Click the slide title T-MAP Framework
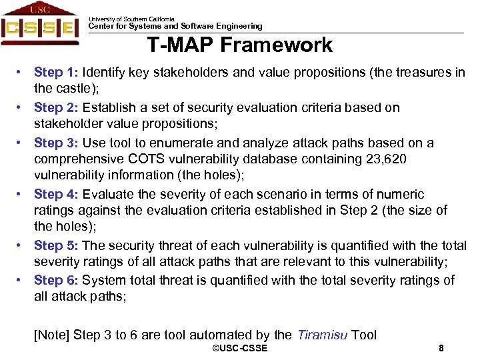point(240,45)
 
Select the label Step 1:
point(57,72)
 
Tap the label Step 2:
point(57,107)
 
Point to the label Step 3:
point(57,143)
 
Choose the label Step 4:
point(57,194)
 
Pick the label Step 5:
point(57,245)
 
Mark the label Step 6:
point(57,281)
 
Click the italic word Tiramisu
point(322,335)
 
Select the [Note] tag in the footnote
point(51,335)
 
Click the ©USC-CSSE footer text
point(239,349)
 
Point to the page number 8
point(441,349)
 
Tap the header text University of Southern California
point(131,19)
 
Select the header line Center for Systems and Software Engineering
point(175,27)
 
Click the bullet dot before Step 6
point(22,281)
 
